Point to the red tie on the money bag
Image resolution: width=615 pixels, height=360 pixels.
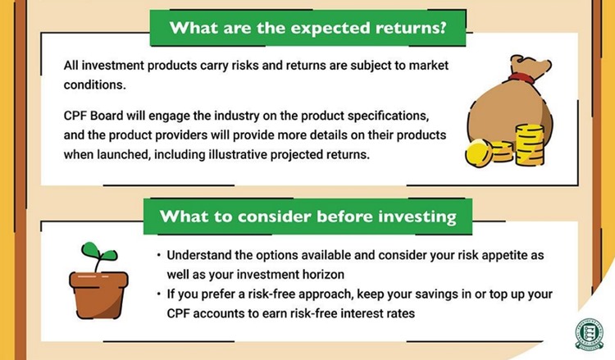point(517,80)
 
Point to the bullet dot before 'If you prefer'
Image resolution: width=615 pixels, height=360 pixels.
point(158,294)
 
